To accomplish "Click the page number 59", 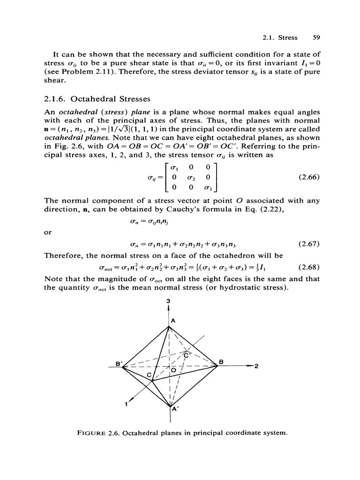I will (x=315, y=37).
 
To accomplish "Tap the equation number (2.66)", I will (x=308, y=178).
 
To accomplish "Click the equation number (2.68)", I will (x=308, y=268).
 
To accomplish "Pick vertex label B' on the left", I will (x=118, y=362).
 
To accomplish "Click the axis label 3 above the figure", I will (x=168, y=300).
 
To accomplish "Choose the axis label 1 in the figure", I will (x=126, y=405).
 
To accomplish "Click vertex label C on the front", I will (x=150, y=376).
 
